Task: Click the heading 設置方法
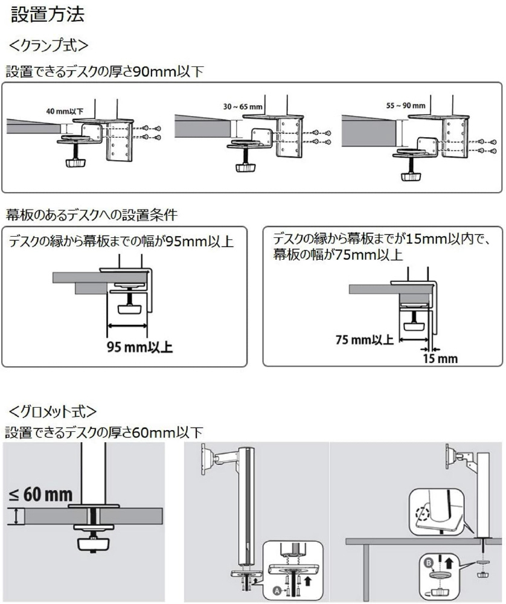click(x=48, y=15)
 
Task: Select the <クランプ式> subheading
click(x=49, y=45)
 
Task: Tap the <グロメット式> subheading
click(x=53, y=411)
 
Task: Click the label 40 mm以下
click(x=65, y=111)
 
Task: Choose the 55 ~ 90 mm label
click(x=406, y=105)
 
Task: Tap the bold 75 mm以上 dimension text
click(x=364, y=339)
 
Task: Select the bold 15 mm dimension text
click(x=440, y=359)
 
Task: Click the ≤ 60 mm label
click(x=41, y=495)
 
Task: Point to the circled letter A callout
click(x=277, y=588)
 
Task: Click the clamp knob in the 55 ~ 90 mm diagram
click(x=411, y=175)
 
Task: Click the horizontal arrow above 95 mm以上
click(x=127, y=327)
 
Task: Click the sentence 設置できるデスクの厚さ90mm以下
click(x=104, y=71)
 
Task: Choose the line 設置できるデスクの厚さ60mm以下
click(x=104, y=432)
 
